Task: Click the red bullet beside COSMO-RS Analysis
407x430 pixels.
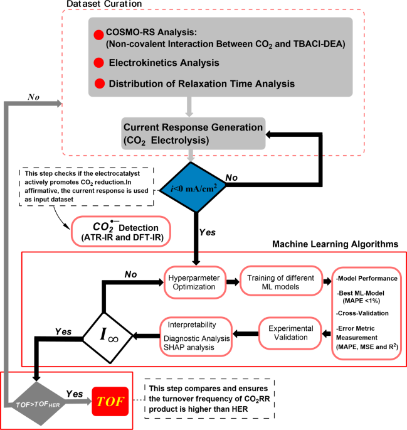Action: point(98,34)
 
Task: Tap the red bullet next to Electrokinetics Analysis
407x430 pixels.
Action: point(98,63)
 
